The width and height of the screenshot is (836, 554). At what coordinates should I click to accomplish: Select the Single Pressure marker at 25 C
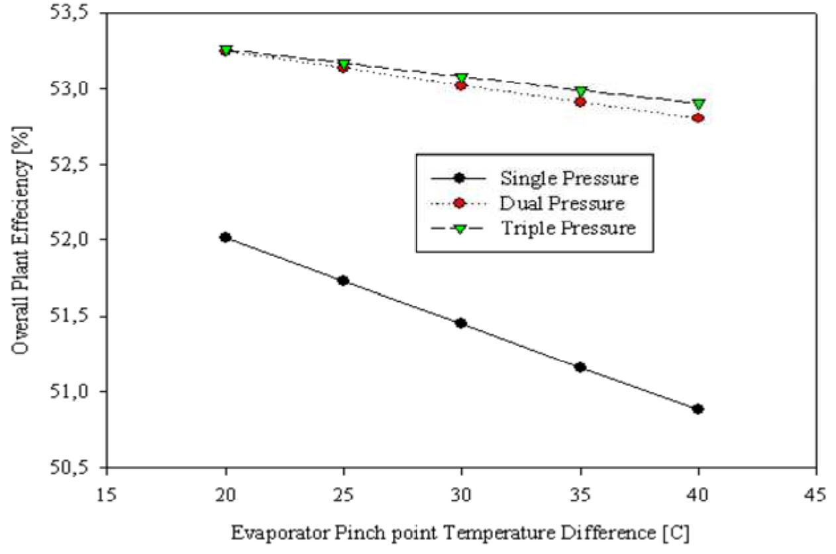[x=343, y=281]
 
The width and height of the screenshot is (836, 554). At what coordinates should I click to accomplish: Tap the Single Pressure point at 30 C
[x=461, y=323]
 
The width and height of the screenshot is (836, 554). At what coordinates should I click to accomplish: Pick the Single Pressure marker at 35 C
[x=580, y=367]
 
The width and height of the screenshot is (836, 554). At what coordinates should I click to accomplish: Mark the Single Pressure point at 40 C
[x=698, y=409]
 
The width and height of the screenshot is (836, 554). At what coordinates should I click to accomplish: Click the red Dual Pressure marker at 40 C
[x=698, y=118]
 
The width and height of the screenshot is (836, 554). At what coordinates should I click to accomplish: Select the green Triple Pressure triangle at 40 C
[x=698, y=105]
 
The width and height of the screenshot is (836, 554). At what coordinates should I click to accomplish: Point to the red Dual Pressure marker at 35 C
[x=580, y=102]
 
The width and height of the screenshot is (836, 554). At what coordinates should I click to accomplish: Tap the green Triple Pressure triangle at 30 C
[x=462, y=78]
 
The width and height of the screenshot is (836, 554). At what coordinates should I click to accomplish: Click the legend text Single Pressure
[x=569, y=178]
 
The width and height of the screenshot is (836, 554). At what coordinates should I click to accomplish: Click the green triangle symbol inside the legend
[x=457, y=228]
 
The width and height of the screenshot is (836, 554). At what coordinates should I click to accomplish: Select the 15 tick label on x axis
[x=107, y=496]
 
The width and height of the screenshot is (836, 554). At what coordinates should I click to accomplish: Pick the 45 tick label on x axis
[x=815, y=496]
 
